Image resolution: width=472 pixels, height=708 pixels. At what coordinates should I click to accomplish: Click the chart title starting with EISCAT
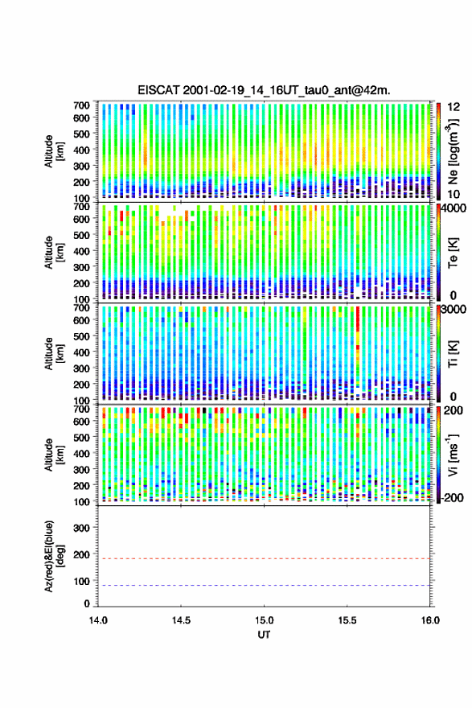click(264, 90)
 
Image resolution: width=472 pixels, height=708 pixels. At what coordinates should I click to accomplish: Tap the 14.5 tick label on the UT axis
click(181, 620)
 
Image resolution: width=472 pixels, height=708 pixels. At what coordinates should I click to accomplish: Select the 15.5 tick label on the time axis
click(347, 620)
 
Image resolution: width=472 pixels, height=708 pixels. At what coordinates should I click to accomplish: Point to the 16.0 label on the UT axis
click(430, 620)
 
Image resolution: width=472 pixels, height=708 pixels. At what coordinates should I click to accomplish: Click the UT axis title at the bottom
click(264, 635)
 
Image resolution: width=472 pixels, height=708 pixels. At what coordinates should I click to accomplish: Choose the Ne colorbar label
click(454, 151)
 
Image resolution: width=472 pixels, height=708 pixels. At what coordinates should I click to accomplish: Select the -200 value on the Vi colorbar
click(452, 497)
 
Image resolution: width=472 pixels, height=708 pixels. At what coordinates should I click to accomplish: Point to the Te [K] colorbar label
click(453, 253)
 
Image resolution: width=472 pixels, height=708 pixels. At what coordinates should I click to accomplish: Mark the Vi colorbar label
click(453, 455)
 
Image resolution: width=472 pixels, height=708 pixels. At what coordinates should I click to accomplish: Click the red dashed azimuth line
click(264, 558)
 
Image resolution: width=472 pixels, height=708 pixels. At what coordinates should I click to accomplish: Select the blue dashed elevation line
click(264, 585)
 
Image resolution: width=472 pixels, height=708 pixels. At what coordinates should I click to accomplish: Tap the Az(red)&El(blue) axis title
click(54, 556)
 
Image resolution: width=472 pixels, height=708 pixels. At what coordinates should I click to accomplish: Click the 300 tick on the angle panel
click(81, 528)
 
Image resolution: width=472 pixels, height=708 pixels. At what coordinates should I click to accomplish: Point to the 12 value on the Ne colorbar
click(454, 107)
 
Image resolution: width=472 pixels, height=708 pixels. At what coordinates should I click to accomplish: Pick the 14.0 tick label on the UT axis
click(98, 620)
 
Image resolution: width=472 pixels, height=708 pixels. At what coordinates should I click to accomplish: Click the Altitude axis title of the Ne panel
click(54, 151)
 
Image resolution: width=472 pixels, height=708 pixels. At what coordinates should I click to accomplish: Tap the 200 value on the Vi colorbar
click(453, 410)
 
